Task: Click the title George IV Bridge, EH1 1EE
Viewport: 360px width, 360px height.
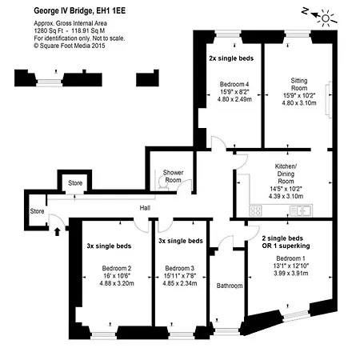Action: click(x=79, y=10)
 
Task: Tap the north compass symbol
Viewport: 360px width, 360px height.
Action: click(x=319, y=17)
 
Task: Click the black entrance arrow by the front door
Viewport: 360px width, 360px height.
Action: click(x=57, y=231)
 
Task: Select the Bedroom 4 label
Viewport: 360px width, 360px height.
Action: click(x=234, y=84)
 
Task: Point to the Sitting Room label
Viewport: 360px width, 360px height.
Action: click(x=299, y=84)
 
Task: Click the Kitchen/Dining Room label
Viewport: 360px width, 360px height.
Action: click(x=286, y=174)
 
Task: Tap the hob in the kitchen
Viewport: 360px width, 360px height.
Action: click(x=255, y=210)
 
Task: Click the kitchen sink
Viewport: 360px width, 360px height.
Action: click(x=301, y=210)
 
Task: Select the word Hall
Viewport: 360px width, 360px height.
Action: click(x=145, y=208)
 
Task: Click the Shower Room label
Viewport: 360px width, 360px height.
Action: click(x=173, y=176)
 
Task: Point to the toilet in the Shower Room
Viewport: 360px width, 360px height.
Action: click(x=162, y=184)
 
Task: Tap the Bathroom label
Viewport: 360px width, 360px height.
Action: click(x=230, y=286)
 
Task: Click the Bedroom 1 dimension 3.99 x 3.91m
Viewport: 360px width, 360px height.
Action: click(x=291, y=274)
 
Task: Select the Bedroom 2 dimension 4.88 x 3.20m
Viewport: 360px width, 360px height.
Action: click(x=117, y=283)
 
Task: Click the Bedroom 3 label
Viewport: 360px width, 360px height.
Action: click(x=180, y=268)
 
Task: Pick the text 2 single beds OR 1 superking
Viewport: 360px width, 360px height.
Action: click(x=286, y=242)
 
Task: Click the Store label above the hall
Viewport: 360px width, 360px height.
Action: click(x=75, y=183)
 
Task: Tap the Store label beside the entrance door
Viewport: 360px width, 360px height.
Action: click(x=37, y=211)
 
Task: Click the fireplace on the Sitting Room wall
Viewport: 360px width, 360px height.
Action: click(x=329, y=99)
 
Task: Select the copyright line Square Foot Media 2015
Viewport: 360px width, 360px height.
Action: click(x=70, y=46)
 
